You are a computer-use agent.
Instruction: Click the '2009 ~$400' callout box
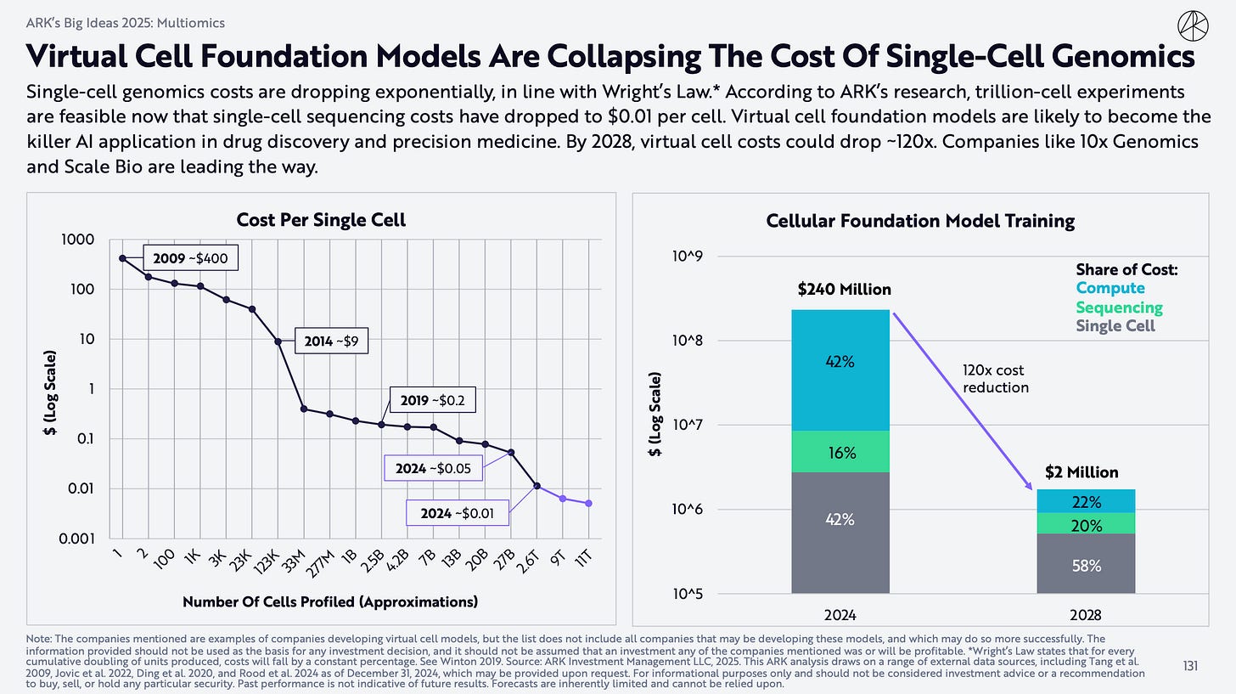coord(191,257)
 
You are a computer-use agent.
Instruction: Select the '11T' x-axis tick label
coord(583,560)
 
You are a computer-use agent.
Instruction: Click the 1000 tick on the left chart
coord(77,240)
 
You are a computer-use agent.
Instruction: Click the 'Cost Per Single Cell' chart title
coord(321,220)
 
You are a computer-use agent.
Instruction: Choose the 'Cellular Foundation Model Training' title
coord(920,221)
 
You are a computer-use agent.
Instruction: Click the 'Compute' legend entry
coord(1110,289)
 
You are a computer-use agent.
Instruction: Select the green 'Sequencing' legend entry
coord(1119,308)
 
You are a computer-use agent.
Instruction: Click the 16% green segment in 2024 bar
coord(840,453)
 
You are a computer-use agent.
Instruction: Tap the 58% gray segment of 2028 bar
coord(1085,565)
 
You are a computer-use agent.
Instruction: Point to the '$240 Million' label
coord(844,290)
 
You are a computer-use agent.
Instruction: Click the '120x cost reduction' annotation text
coord(995,379)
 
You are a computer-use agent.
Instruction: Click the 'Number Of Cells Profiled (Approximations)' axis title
coord(330,602)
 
